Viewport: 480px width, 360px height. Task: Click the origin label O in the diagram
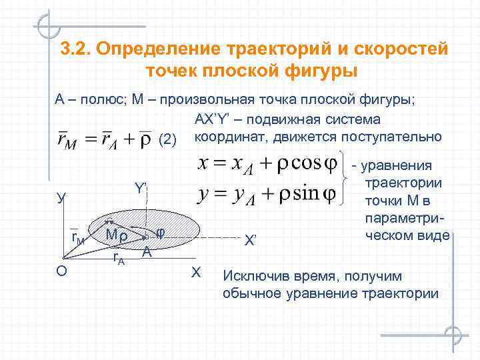point(61,271)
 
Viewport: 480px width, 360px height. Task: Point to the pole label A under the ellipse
point(147,253)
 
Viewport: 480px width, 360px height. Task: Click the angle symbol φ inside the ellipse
point(160,231)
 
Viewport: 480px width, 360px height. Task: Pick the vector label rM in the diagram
point(77,238)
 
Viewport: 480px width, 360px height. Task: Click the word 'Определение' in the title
point(157,50)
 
